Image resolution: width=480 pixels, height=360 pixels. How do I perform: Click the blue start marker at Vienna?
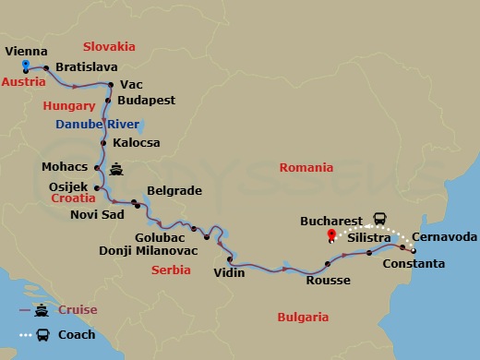[x=26, y=66]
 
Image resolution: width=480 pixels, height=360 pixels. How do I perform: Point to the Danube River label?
[x=97, y=124]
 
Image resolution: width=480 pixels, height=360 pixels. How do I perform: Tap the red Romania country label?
[x=308, y=168]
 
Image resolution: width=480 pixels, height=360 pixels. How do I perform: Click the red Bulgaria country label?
[x=303, y=317]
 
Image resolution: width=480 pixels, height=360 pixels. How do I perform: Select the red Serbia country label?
[x=171, y=270]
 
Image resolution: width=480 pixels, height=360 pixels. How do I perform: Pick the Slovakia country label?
[x=109, y=46]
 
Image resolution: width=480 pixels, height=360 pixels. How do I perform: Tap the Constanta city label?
[x=414, y=264]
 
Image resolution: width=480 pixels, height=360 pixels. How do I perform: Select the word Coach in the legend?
[x=76, y=333]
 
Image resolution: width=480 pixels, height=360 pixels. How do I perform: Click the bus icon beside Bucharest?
[x=379, y=219]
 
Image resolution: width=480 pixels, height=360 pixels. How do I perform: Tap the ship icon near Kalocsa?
[x=117, y=169]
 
